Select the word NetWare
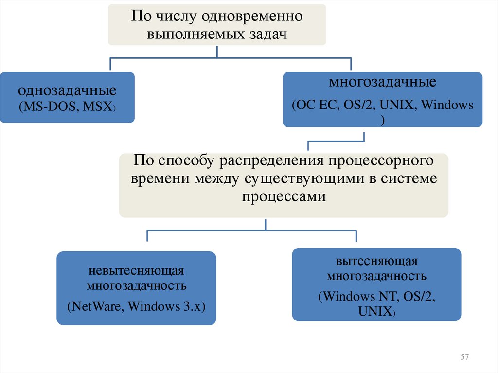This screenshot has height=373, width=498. [x=96, y=307]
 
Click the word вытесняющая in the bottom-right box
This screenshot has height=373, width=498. [x=376, y=262]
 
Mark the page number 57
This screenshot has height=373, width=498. [x=464, y=357]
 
